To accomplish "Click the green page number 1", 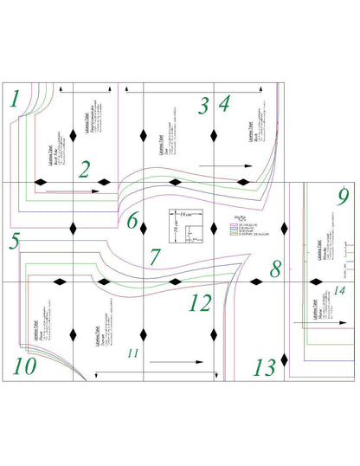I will (x=14, y=100).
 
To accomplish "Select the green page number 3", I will (x=203, y=106).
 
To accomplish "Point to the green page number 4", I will (x=224, y=106).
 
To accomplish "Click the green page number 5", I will (x=14, y=242).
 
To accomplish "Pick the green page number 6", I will (x=132, y=221).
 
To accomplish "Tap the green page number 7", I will (x=154, y=257).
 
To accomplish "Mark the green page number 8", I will (x=275, y=268).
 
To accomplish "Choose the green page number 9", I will (x=343, y=196).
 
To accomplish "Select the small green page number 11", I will (x=132, y=353).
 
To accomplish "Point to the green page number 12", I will (x=200, y=302).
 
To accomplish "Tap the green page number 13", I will (x=264, y=366).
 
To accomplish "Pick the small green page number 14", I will (x=339, y=289).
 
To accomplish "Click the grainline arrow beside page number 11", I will (x=177, y=359).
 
